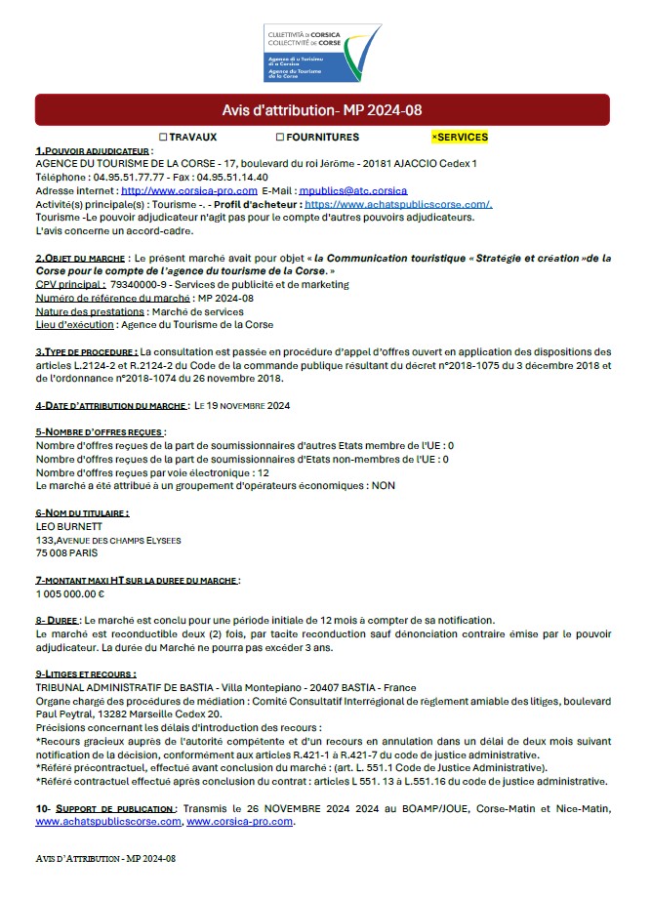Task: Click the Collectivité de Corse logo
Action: pos(322,54)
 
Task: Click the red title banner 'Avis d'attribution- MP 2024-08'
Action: pos(322,109)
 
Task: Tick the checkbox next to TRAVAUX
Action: pos(163,138)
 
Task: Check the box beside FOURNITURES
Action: pos(280,138)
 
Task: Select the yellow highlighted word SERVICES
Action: pos(462,138)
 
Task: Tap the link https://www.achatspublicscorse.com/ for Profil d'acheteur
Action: pos(398,205)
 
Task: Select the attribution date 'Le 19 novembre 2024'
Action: pos(242,405)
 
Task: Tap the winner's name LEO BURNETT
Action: pos(67,526)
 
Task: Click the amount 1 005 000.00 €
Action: pos(70,593)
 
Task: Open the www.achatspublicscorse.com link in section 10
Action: pos(107,822)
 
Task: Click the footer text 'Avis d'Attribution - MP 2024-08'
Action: pos(104,858)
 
